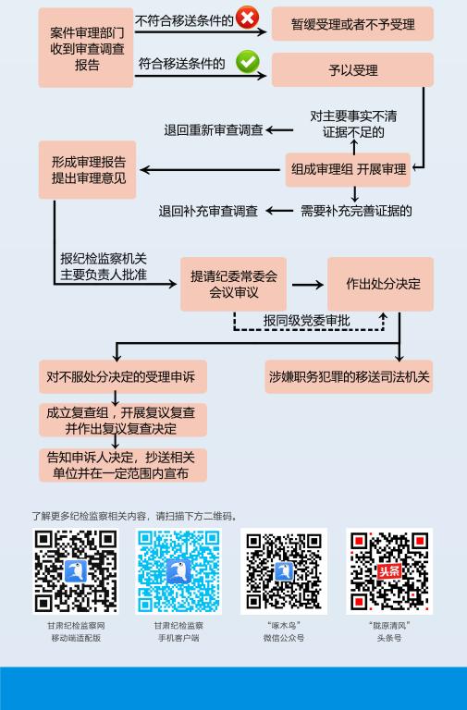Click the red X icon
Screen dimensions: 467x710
(x=247, y=18)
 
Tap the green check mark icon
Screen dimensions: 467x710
(x=247, y=62)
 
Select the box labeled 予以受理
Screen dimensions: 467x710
(x=352, y=69)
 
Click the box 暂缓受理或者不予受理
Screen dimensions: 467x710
(x=352, y=24)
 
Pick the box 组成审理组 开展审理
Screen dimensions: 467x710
(x=348, y=170)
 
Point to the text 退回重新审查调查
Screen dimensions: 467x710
(x=214, y=130)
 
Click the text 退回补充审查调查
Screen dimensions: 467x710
(x=208, y=211)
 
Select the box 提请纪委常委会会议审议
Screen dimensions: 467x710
(x=233, y=285)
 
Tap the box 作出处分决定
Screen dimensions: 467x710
(x=380, y=285)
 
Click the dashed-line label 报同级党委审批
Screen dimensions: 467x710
(x=307, y=321)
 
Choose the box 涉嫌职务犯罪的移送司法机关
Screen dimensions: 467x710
(x=349, y=377)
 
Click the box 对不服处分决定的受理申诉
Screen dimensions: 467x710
(x=123, y=377)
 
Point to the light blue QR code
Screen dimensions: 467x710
(x=178, y=571)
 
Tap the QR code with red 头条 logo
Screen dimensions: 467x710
(x=389, y=571)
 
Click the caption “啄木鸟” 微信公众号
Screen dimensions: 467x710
(x=284, y=631)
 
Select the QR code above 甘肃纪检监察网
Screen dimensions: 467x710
(x=76, y=571)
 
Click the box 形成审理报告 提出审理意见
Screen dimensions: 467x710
(x=88, y=170)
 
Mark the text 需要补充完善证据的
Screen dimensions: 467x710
(x=356, y=211)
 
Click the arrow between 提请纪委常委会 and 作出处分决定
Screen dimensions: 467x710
(x=308, y=285)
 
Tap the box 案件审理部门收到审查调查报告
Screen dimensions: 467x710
(x=86, y=47)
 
